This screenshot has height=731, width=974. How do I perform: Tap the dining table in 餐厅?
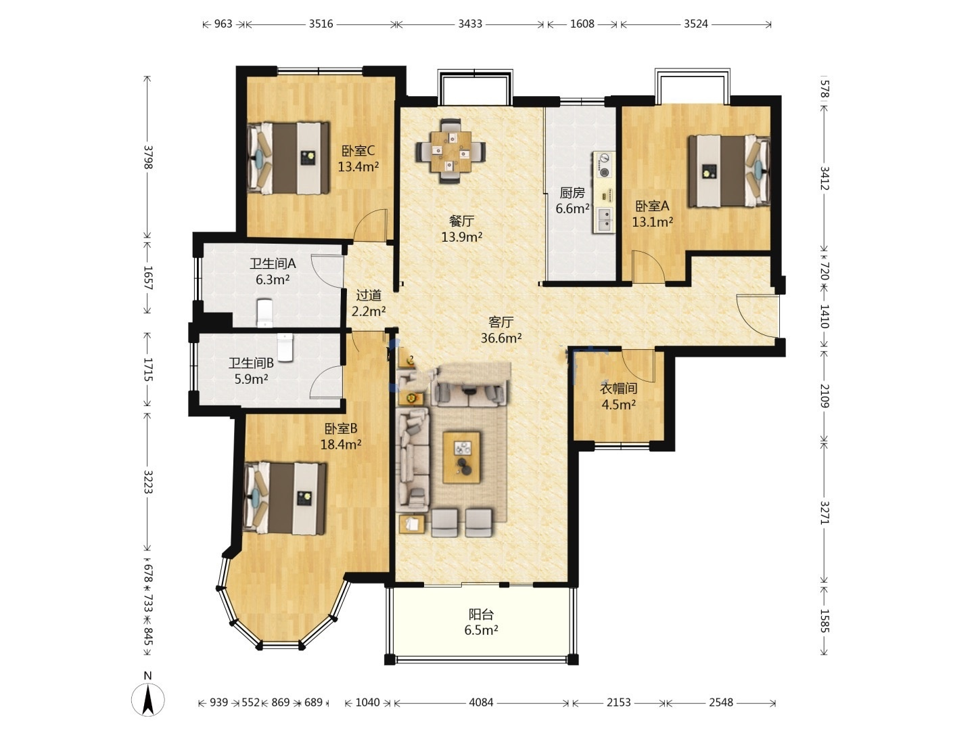pos(450,152)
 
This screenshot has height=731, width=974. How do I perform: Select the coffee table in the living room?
pos(461,458)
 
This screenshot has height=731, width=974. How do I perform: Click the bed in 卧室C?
pos(288,158)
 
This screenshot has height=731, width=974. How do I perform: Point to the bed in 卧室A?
pos(729,171)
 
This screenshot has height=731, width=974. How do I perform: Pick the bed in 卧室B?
pos(285,498)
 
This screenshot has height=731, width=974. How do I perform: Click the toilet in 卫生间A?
pos(265,313)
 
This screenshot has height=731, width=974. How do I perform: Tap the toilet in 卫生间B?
pos(285,347)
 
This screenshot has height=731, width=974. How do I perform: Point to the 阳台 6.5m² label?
pos(481,622)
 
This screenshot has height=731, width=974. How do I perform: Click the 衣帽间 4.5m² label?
pos(619,397)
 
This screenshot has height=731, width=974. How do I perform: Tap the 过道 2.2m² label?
pos(369,303)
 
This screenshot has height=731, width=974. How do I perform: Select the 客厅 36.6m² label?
pos(501,330)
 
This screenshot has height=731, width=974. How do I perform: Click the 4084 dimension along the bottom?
pos(481,703)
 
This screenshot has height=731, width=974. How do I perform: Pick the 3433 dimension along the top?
pos(470,24)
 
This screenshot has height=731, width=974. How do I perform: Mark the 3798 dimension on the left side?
pos(147,157)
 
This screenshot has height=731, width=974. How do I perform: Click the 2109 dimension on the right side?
pos(825,395)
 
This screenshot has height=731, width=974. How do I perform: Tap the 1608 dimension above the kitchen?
pos(582,24)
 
